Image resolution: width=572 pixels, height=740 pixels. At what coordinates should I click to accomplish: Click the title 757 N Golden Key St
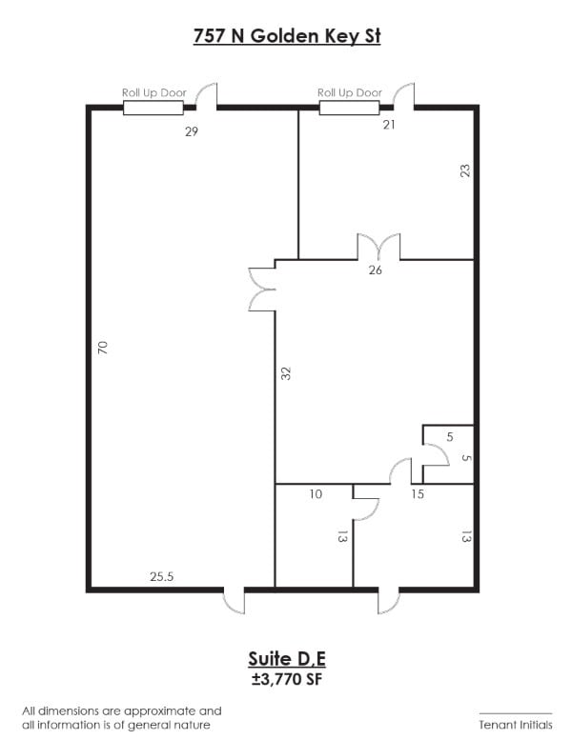pyautogui.click(x=287, y=36)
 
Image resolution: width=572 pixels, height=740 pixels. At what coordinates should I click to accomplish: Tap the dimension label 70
pyautogui.click(x=103, y=348)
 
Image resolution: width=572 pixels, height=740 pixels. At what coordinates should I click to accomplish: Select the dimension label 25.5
pyautogui.click(x=161, y=576)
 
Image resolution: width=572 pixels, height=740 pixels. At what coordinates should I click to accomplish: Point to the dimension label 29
pyautogui.click(x=192, y=131)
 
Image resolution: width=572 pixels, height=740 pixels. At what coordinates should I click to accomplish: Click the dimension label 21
pyautogui.click(x=389, y=125)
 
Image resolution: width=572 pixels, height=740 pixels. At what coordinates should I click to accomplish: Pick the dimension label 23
pyautogui.click(x=465, y=170)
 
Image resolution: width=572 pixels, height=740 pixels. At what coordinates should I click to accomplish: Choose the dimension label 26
pyautogui.click(x=375, y=270)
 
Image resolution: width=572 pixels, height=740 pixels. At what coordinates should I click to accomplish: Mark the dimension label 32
pyautogui.click(x=286, y=373)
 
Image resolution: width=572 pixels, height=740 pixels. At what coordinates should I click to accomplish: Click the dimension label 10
pyautogui.click(x=316, y=494)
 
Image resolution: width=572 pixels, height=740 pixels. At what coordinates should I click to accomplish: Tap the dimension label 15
pyautogui.click(x=418, y=494)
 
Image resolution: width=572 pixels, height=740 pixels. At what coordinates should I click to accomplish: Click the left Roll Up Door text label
pyautogui.click(x=154, y=93)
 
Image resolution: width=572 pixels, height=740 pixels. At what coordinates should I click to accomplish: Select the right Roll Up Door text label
pyautogui.click(x=350, y=93)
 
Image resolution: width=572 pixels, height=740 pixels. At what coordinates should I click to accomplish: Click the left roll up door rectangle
pyautogui.click(x=153, y=108)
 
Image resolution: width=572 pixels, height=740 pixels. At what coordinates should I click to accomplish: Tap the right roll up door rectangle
pyautogui.click(x=349, y=108)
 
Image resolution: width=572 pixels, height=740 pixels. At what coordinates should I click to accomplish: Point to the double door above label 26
pyautogui.click(x=378, y=247)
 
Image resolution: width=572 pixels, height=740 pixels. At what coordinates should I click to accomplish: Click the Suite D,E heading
pyautogui.click(x=287, y=659)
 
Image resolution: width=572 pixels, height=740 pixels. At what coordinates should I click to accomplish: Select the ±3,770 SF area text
pyautogui.click(x=287, y=680)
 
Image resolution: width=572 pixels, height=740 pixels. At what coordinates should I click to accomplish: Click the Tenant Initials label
pyautogui.click(x=516, y=725)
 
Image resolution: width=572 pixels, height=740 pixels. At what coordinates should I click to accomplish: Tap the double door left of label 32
pyautogui.click(x=261, y=290)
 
